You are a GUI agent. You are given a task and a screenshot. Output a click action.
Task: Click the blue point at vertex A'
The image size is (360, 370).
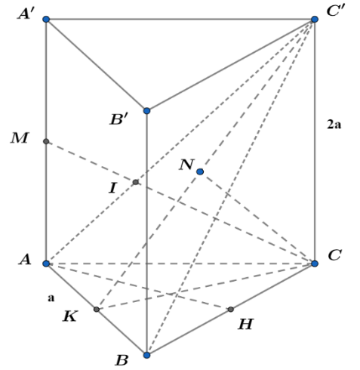pos(46,19)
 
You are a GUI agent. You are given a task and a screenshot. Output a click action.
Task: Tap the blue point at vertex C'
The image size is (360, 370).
pos(315,19)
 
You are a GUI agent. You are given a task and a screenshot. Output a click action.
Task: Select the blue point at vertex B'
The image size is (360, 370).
pos(146,110)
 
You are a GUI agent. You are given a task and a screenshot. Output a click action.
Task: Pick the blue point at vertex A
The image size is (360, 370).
pos(46,264)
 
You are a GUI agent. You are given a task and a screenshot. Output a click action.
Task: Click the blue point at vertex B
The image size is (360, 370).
pos(146,355)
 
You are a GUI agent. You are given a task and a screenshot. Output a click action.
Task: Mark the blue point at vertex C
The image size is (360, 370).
pos(315,264)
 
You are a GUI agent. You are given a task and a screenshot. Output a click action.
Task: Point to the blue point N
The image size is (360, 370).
pos(200,171)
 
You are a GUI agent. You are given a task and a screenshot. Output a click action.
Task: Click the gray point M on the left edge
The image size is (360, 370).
pos(46,141)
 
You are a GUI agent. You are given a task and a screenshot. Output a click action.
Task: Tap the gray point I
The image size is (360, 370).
pos(136,182)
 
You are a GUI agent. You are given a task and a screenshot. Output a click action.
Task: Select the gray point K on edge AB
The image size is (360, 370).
pos(97,309)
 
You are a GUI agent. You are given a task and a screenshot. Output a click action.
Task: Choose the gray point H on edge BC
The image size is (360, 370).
pos(231,309)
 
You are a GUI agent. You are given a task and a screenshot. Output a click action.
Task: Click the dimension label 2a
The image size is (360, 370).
pos(334,125)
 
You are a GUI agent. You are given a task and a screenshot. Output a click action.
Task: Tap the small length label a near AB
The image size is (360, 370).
pos(51,298)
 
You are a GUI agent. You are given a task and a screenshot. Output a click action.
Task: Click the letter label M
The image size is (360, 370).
pos(20,138)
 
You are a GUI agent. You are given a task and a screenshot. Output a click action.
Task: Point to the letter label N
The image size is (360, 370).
pos(186,165)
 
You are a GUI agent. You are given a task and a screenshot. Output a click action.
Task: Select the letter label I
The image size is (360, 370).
pos(112,188)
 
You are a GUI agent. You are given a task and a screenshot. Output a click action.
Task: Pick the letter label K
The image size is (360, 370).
pos(70,316)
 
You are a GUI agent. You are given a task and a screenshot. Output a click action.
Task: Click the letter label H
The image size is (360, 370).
pos(245,324)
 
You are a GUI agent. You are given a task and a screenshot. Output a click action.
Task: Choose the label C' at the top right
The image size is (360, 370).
pos(336,11)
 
